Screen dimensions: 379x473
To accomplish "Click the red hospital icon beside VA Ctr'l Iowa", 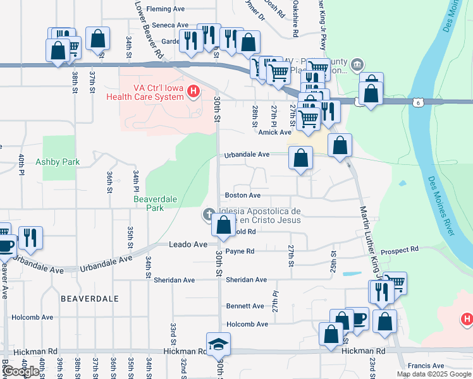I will click(194, 93).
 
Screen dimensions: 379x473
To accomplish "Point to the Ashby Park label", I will click(58, 162).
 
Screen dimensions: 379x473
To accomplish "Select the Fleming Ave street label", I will click(165, 9).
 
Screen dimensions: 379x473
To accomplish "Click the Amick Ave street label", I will click(274, 132).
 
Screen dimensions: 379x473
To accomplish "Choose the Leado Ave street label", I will click(188, 244).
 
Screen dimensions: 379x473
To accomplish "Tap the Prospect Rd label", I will click(400, 250).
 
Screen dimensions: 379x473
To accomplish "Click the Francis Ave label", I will click(426, 366).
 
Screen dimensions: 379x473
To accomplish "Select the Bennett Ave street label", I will click(245, 306).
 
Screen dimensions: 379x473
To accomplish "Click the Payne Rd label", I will click(240, 251).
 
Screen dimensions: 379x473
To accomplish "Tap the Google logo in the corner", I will click(21, 371).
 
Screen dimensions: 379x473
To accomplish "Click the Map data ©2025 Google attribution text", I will click(433, 374).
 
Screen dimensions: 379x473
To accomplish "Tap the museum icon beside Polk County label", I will click(357, 64).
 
